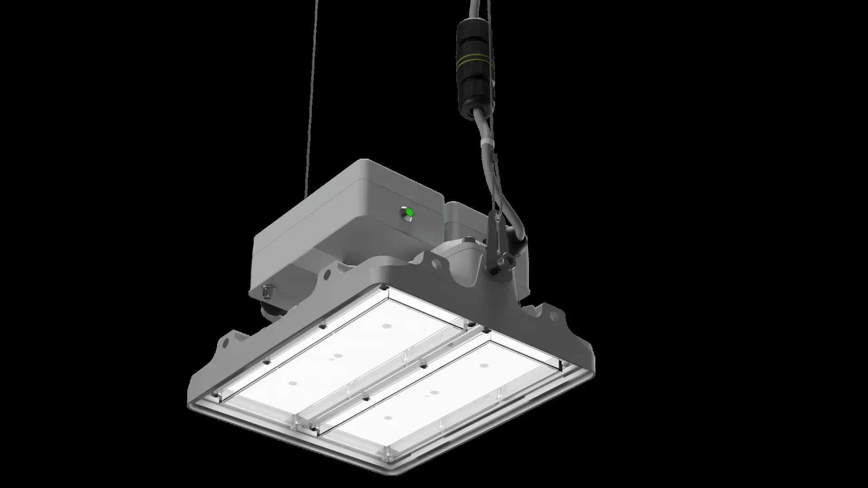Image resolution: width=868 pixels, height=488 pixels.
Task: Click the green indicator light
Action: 409,212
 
